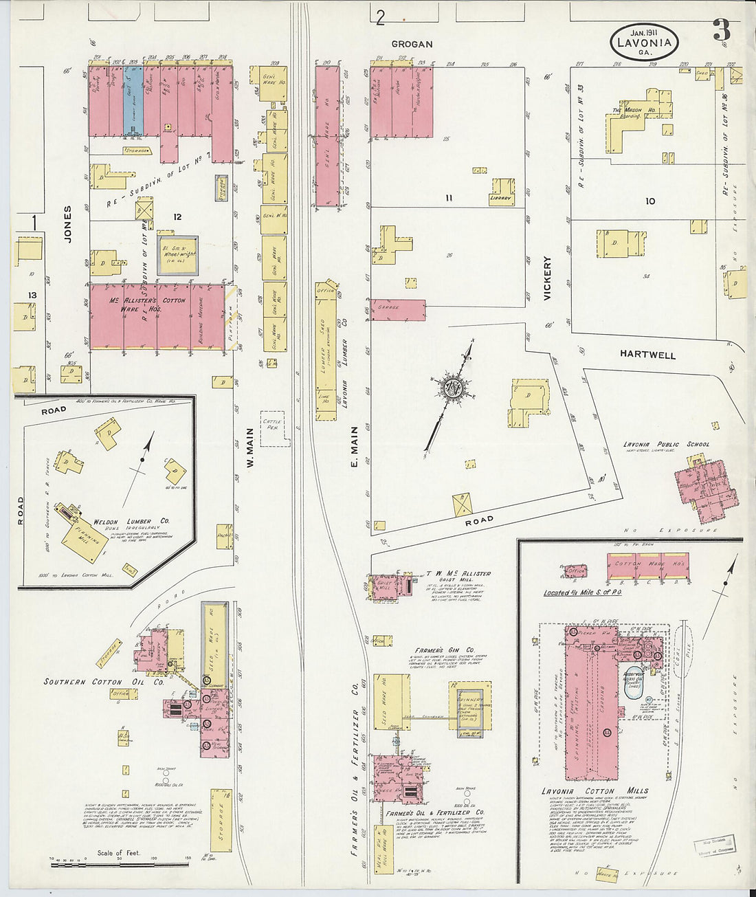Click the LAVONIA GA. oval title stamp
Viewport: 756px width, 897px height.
pos(645,41)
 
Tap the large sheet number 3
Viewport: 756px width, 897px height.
pos(721,31)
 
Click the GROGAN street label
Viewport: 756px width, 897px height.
pos(412,44)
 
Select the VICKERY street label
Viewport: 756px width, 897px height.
pos(548,278)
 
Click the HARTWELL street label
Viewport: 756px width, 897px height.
pos(647,355)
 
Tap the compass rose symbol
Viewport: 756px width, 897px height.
pos(452,387)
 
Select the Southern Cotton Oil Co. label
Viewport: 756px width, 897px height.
pos(104,682)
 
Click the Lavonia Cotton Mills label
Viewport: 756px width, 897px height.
pos(594,791)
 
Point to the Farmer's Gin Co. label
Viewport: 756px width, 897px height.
pos(444,650)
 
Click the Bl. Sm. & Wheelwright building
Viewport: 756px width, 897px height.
pos(177,255)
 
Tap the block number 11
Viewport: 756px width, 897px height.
pos(448,198)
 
